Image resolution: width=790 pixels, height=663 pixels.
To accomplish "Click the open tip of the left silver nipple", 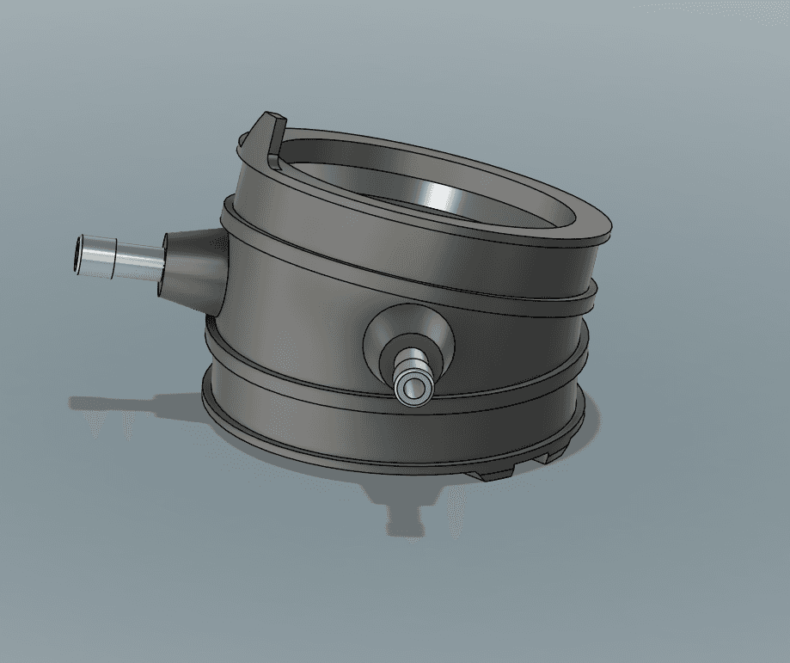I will (x=80, y=255).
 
